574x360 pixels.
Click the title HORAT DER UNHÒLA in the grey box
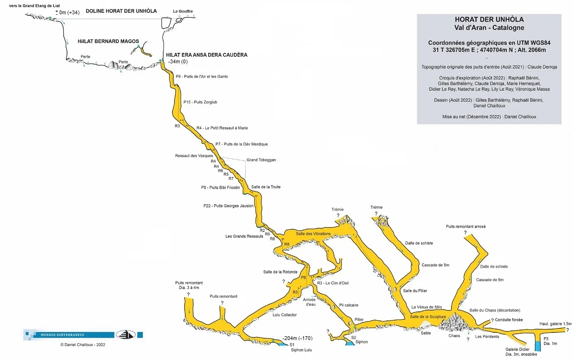click(x=489, y=20)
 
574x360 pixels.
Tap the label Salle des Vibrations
click(x=313, y=234)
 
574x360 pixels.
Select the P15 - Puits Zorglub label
click(x=200, y=102)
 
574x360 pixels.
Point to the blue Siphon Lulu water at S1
click(x=283, y=344)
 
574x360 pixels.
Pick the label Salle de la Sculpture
click(x=428, y=317)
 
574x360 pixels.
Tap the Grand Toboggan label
click(x=261, y=160)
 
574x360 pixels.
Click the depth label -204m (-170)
click(x=297, y=338)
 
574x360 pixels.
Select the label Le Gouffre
click(x=183, y=11)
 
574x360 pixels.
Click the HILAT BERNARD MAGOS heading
click(x=108, y=41)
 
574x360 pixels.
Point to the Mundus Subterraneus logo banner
click(x=83, y=335)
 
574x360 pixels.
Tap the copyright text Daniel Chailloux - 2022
click(x=83, y=345)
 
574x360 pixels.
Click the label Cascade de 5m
click(x=435, y=265)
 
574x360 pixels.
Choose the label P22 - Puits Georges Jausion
click(x=228, y=206)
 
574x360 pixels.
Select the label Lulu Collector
click(x=284, y=315)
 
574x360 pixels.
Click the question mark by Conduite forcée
click(x=492, y=320)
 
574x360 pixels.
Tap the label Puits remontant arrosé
click(x=465, y=227)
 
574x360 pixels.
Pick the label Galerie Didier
click(x=517, y=349)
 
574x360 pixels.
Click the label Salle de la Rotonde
click(x=281, y=272)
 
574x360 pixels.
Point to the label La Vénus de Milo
click(x=426, y=307)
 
